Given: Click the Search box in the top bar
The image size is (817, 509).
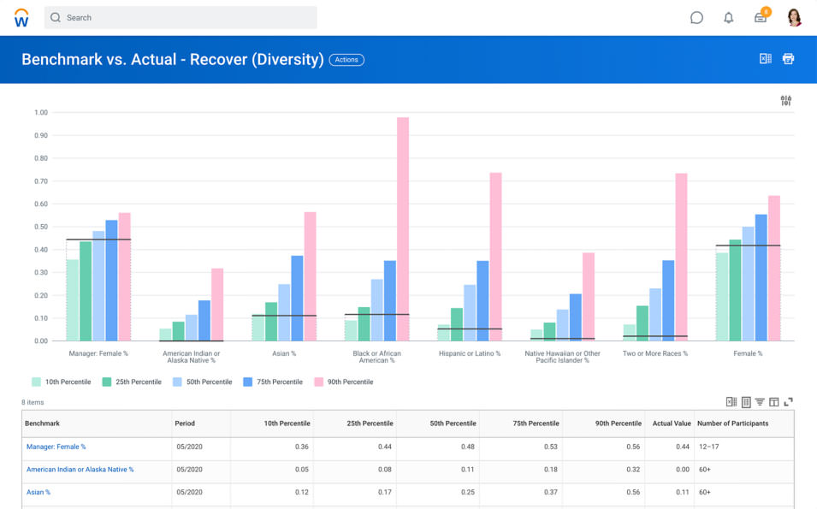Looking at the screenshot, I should (181, 17).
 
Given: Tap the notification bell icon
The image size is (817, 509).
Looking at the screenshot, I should (728, 17).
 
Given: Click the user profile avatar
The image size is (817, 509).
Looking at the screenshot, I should (794, 17).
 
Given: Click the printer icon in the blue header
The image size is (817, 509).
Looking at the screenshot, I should (788, 59).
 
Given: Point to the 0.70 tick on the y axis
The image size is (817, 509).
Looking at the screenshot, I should (40, 181).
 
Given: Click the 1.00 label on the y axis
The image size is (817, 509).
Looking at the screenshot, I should (40, 113).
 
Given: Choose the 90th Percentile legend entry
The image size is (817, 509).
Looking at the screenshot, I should (343, 382).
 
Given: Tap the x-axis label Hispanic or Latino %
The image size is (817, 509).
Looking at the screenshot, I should (469, 353).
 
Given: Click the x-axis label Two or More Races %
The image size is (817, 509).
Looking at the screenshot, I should (654, 353).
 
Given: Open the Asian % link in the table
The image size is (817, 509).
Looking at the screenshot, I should (38, 493).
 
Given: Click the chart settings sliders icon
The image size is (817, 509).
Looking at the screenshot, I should (785, 101).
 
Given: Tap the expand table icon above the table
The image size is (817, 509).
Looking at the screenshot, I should (788, 402).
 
